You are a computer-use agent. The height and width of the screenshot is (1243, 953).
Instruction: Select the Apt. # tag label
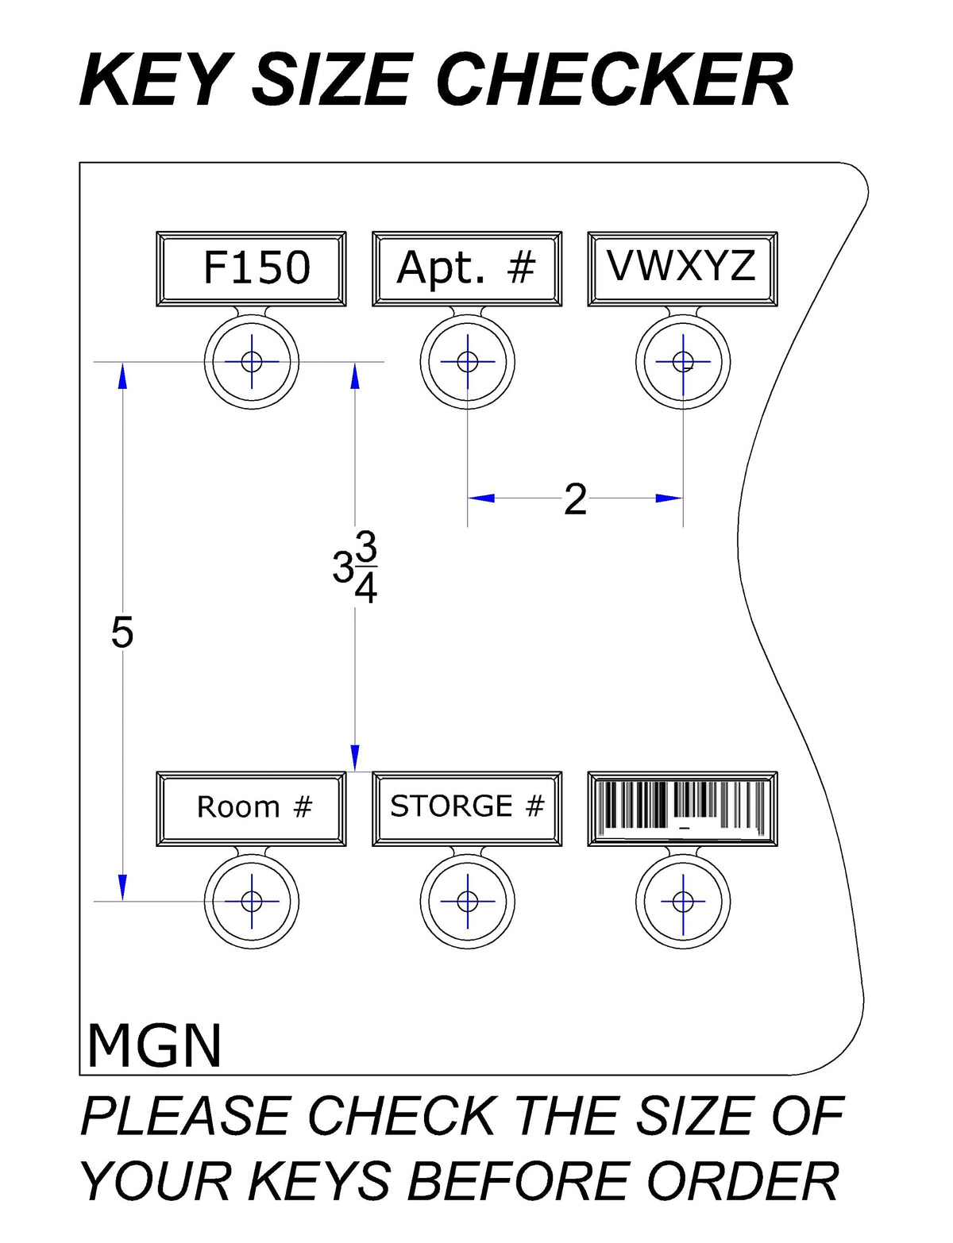click(x=466, y=269)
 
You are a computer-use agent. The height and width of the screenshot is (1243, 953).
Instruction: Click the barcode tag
click(x=682, y=809)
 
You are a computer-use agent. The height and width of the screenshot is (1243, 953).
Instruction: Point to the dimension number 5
click(x=122, y=633)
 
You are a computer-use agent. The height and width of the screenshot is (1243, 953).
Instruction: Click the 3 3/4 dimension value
click(x=355, y=568)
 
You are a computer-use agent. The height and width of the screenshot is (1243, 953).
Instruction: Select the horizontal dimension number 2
click(x=575, y=499)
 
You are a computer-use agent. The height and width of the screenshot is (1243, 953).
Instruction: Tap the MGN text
click(x=154, y=1045)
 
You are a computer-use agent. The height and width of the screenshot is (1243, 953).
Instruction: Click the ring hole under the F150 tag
click(x=251, y=361)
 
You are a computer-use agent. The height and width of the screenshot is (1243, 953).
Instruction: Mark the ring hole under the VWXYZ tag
click(x=683, y=361)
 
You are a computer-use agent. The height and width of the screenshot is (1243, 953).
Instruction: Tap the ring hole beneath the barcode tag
click(x=683, y=902)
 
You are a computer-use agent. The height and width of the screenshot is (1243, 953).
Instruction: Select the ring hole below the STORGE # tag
click(x=468, y=902)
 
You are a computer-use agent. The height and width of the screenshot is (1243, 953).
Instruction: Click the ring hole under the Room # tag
click(x=251, y=902)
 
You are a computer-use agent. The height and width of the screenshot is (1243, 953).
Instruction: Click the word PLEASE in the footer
click(x=185, y=1116)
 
